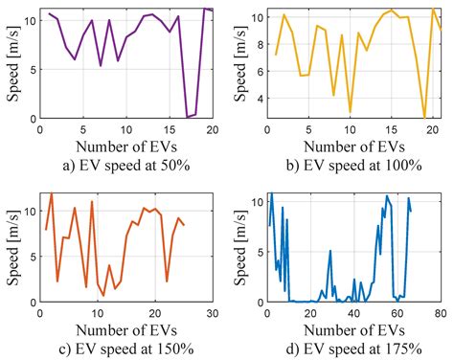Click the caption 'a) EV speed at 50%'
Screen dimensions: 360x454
pyautogui.click(x=123, y=164)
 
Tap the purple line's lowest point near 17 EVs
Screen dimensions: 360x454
pyautogui.click(x=187, y=117)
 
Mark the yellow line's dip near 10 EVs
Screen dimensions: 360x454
pyautogui.click(x=350, y=113)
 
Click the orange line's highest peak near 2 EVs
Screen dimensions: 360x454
pyautogui.click(x=51, y=194)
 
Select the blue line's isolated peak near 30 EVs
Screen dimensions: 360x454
pyautogui.click(x=330, y=252)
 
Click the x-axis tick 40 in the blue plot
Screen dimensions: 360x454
pyautogui.click(x=352, y=313)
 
